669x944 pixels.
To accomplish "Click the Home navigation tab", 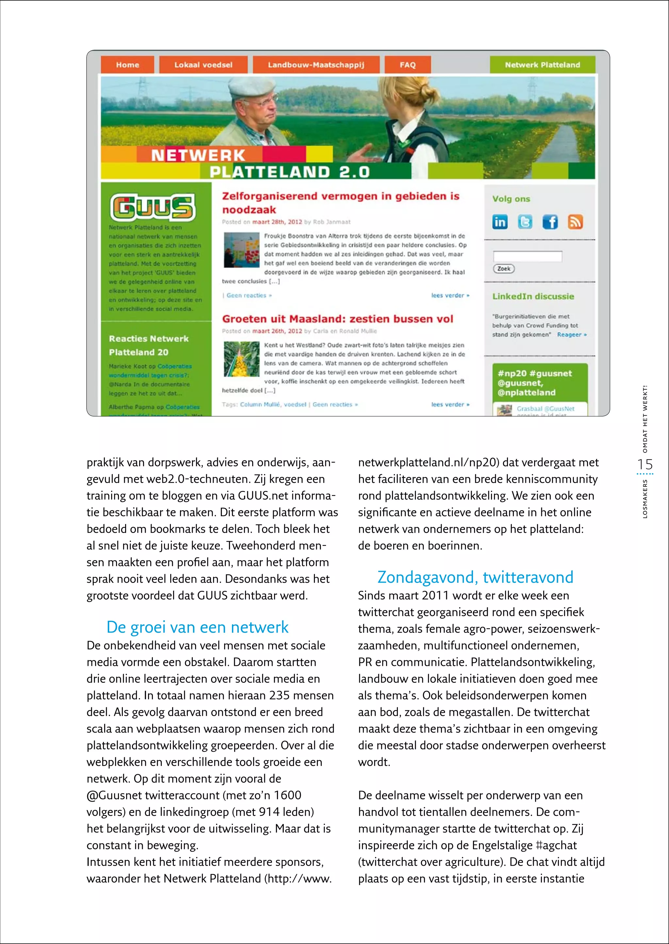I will [x=127, y=65].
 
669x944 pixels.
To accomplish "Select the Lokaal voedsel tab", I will [x=203, y=65].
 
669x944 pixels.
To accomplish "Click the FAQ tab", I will [x=407, y=65].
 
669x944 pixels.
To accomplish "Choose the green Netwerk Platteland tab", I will [x=542, y=65].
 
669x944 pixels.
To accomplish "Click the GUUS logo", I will [x=153, y=208].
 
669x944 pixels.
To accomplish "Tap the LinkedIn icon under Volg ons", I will [x=500, y=222].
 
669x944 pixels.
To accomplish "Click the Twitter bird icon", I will [x=525, y=222].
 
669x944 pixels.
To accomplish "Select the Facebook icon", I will [x=550, y=222].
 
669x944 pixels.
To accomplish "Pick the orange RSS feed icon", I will [x=575, y=222].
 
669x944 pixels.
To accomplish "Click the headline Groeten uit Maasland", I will [x=337, y=319].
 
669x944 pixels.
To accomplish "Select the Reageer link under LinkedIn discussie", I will [x=571, y=335].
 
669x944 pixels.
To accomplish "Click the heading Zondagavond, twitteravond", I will [x=475, y=577].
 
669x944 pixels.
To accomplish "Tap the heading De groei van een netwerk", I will [x=197, y=627].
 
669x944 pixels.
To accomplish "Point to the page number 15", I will [x=645, y=464].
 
